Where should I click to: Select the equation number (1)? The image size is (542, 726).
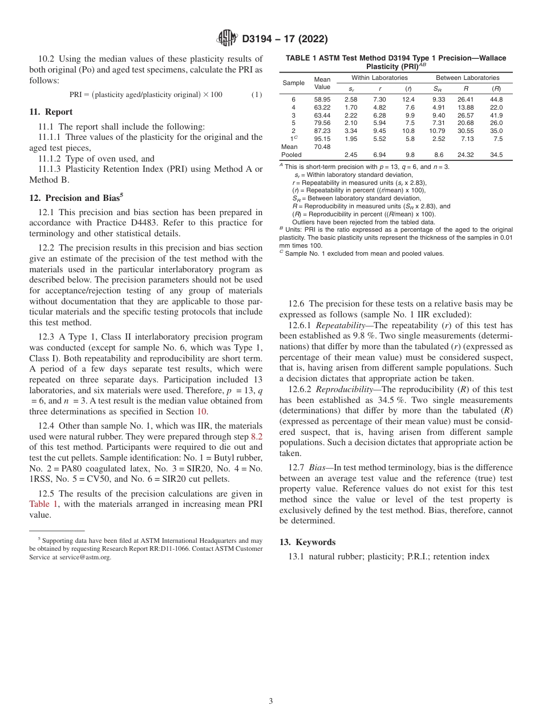click(257, 94)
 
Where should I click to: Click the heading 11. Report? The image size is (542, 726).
click(51, 112)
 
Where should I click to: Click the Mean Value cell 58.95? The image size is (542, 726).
click(322, 99)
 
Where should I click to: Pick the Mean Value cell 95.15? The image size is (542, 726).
click(322, 138)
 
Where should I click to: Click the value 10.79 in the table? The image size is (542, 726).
click(436, 131)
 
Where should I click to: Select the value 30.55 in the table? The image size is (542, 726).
click(466, 131)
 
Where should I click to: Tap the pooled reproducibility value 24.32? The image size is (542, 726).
click(466, 155)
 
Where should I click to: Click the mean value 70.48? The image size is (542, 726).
click(322, 146)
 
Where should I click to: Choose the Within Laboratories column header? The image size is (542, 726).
click(379, 78)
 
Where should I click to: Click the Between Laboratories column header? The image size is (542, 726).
click(467, 78)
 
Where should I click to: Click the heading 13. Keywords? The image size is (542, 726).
click(307, 542)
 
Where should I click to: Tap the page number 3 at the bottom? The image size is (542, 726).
click(271, 701)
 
